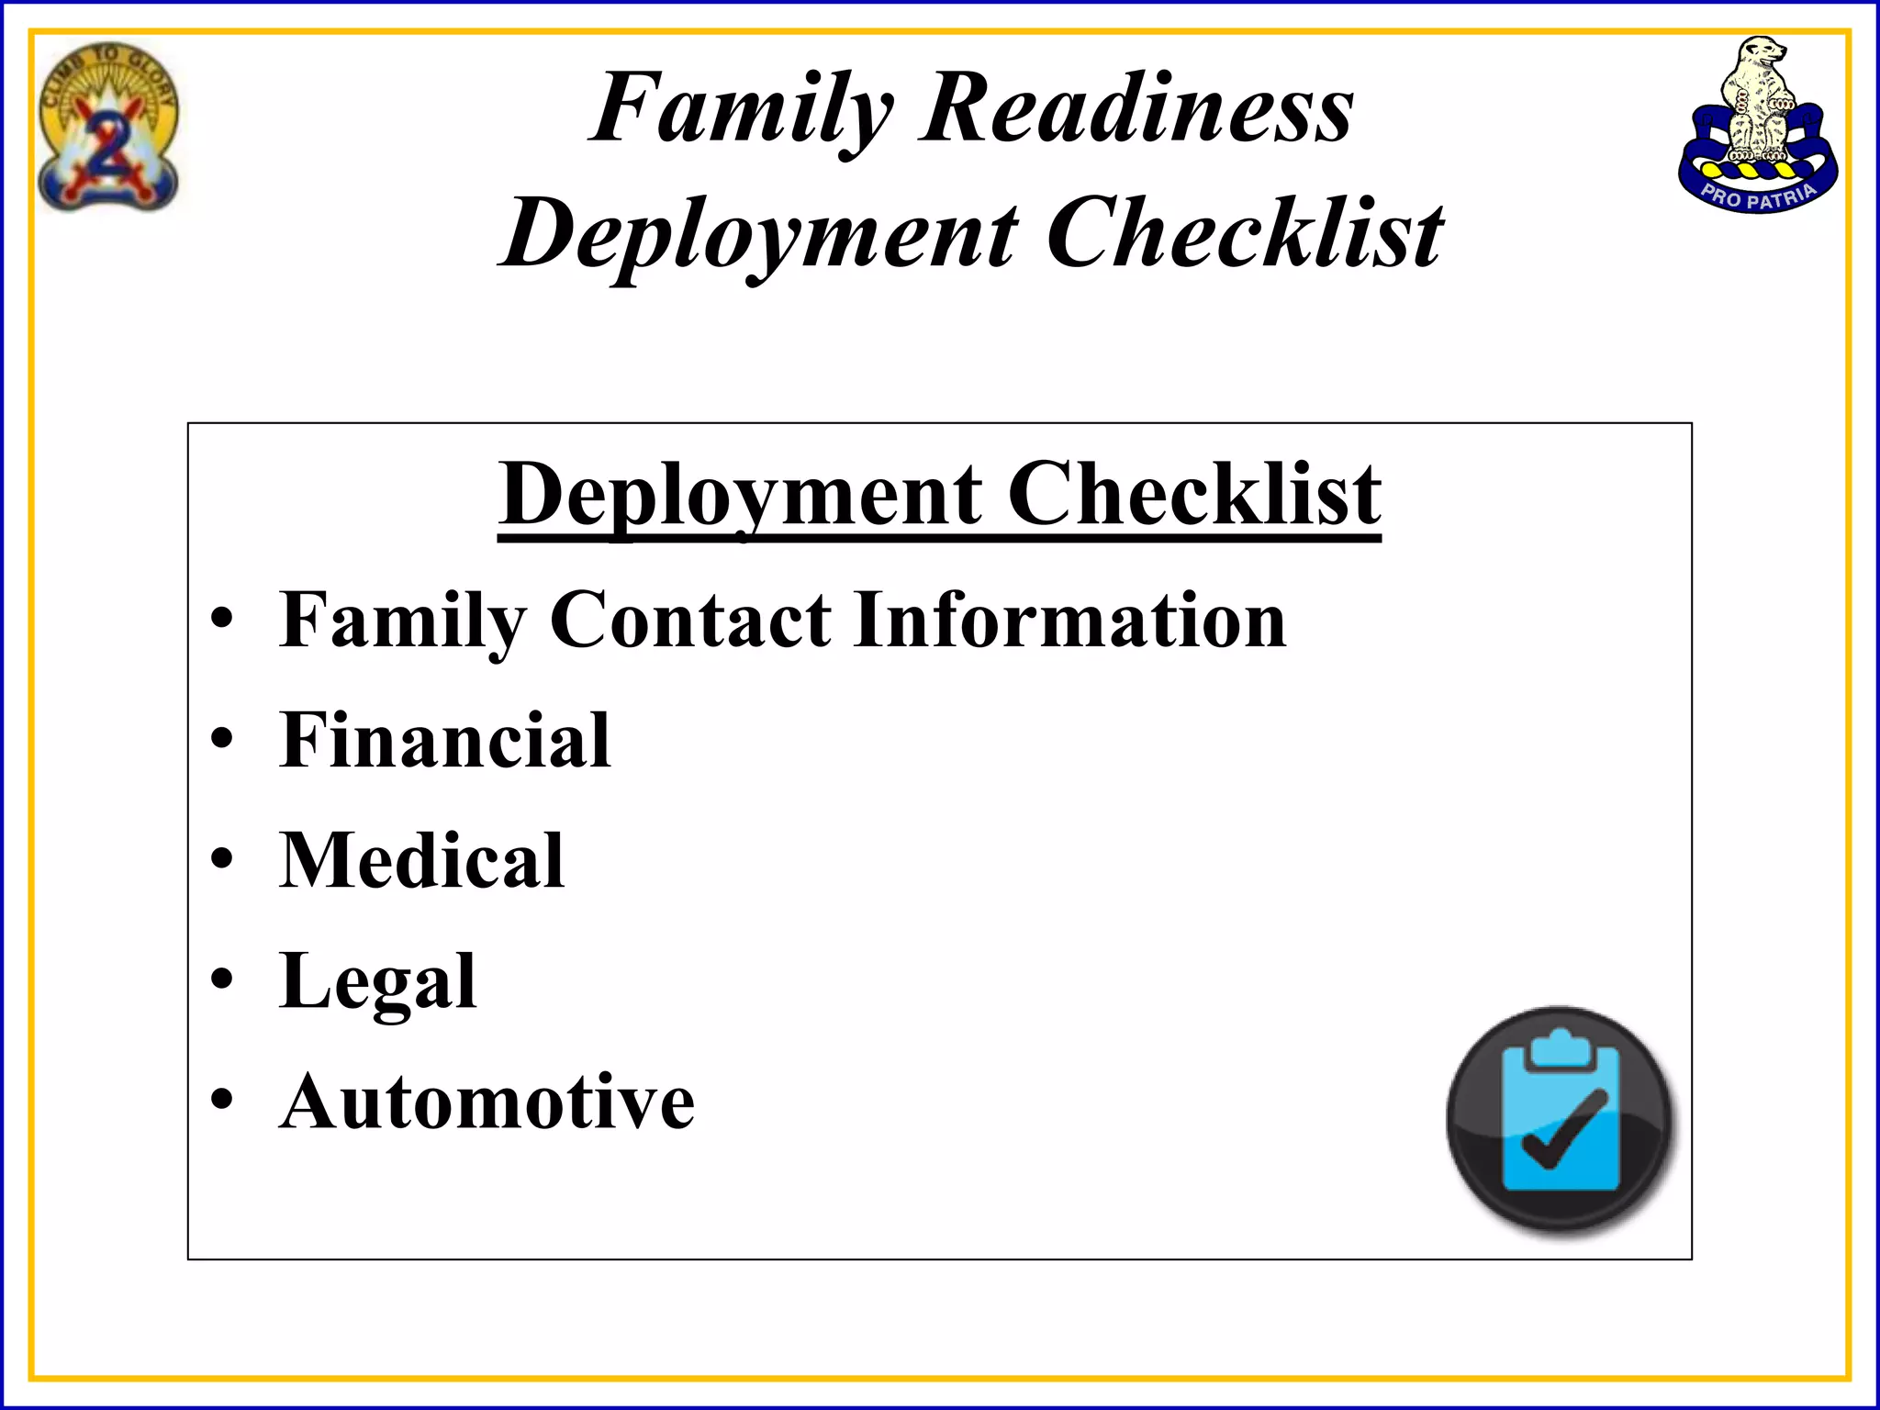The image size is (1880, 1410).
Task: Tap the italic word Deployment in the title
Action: click(760, 235)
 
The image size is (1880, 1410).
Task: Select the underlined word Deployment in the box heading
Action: click(740, 496)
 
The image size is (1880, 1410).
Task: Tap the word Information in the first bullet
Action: click(1069, 621)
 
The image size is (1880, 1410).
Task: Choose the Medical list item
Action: click(421, 860)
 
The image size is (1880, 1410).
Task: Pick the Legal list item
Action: click(378, 981)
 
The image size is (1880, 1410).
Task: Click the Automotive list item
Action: click(487, 1102)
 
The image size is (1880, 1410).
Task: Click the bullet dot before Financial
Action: click(222, 740)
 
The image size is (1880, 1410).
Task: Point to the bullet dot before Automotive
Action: click(222, 1100)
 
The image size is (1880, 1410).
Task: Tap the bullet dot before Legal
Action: click(222, 979)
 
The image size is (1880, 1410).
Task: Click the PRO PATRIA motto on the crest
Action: click(1758, 195)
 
